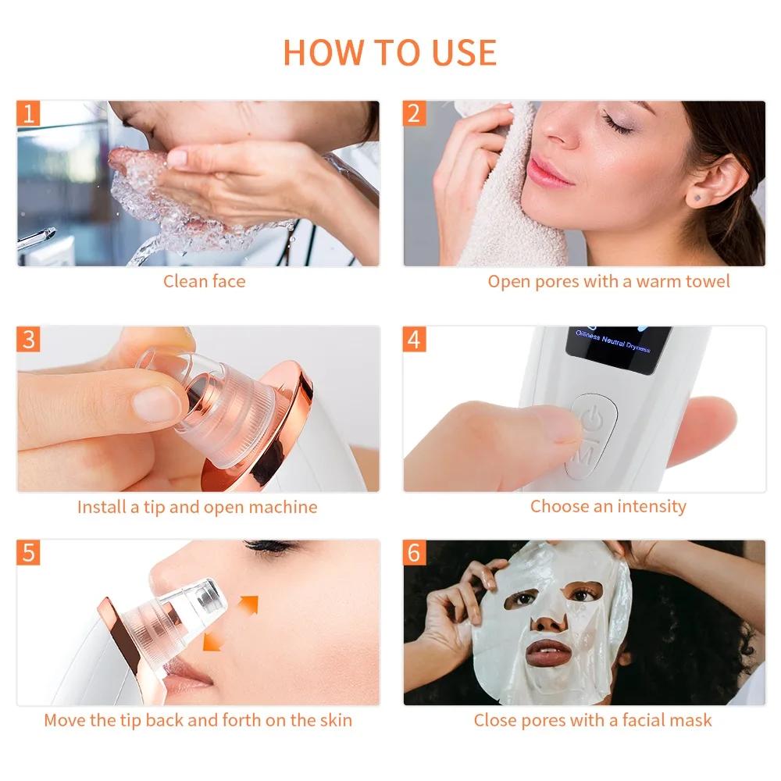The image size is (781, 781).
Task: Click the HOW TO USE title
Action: point(390,52)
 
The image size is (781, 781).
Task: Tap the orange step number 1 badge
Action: point(29,114)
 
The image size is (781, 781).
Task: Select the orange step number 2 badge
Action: point(415,114)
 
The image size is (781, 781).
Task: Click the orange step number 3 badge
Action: point(29,340)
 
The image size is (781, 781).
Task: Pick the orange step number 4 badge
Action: point(415,340)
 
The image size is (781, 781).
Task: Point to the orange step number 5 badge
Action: point(29,553)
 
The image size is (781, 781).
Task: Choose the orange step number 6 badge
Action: point(415,553)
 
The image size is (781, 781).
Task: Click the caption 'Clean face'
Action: point(204,281)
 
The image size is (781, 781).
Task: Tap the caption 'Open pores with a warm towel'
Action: point(608,281)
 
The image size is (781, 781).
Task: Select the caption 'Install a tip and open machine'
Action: point(197,507)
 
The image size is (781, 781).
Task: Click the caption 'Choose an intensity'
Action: point(608,506)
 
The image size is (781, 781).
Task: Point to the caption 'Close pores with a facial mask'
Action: point(593,720)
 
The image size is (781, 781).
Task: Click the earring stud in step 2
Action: point(697,200)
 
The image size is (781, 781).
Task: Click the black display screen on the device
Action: point(618,348)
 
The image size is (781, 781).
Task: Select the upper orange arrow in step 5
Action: point(248,604)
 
